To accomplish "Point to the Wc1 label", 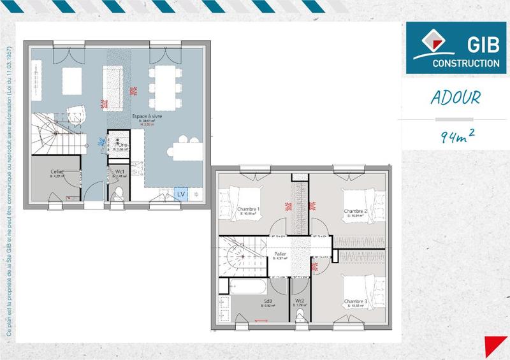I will click(119, 172).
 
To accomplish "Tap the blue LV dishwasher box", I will click(180, 193).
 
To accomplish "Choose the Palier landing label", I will click(280, 254).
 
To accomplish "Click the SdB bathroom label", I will click(268, 301).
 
